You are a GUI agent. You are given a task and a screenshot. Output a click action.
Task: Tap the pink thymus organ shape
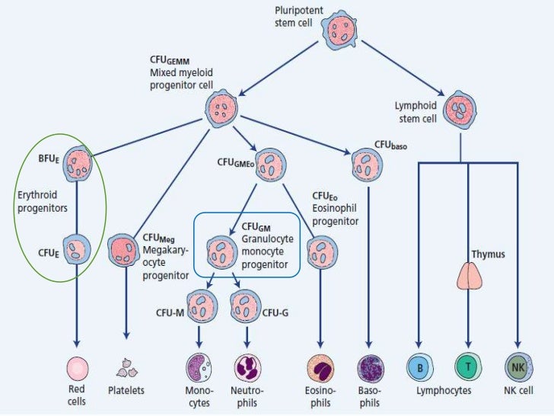click(x=468, y=276)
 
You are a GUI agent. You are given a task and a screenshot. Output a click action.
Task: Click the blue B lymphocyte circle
click(x=419, y=367)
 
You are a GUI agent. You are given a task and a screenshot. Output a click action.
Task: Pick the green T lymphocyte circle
click(x=468, y=367)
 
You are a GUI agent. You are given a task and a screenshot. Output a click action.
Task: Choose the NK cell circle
click(x=517, y=367)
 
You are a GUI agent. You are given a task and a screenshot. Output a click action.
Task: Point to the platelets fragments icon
click(x=126, y=369)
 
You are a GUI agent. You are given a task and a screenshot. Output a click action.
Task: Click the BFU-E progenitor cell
click(x=78, y=162)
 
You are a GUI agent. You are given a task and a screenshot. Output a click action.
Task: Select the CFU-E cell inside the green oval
click(x=78, y=248)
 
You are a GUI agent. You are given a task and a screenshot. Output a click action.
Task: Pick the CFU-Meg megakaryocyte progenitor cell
click(x=125, y=249)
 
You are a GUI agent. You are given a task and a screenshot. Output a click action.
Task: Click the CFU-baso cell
click(x=368, y=162)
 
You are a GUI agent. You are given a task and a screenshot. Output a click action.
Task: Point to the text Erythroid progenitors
click(x=42, y=200)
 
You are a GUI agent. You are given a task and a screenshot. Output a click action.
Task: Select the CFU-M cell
click(x=201, y=310)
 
